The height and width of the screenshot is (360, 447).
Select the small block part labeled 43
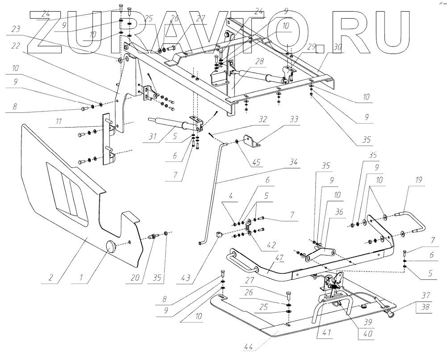pyautogui.click(x=219, y=234)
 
